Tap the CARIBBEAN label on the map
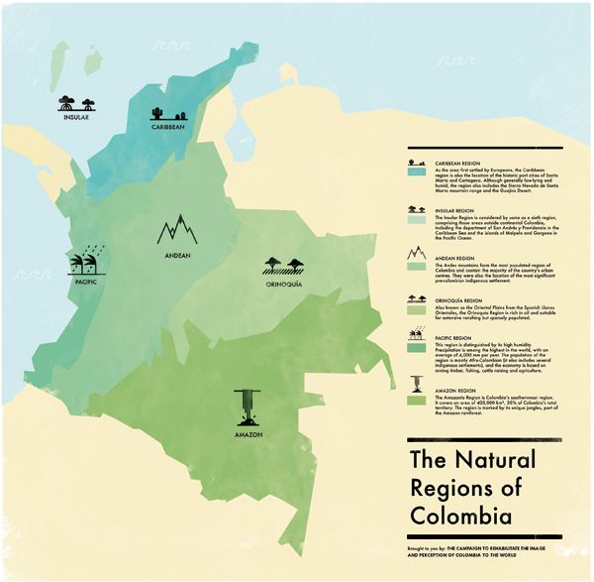tap(169, 128)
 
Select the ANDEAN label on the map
tap(177, 256)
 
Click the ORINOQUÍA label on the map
tap(283, 283)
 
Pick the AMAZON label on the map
tap(243, 436)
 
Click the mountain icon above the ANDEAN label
tap(177, 229)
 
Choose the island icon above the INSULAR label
tap(75, 102)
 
